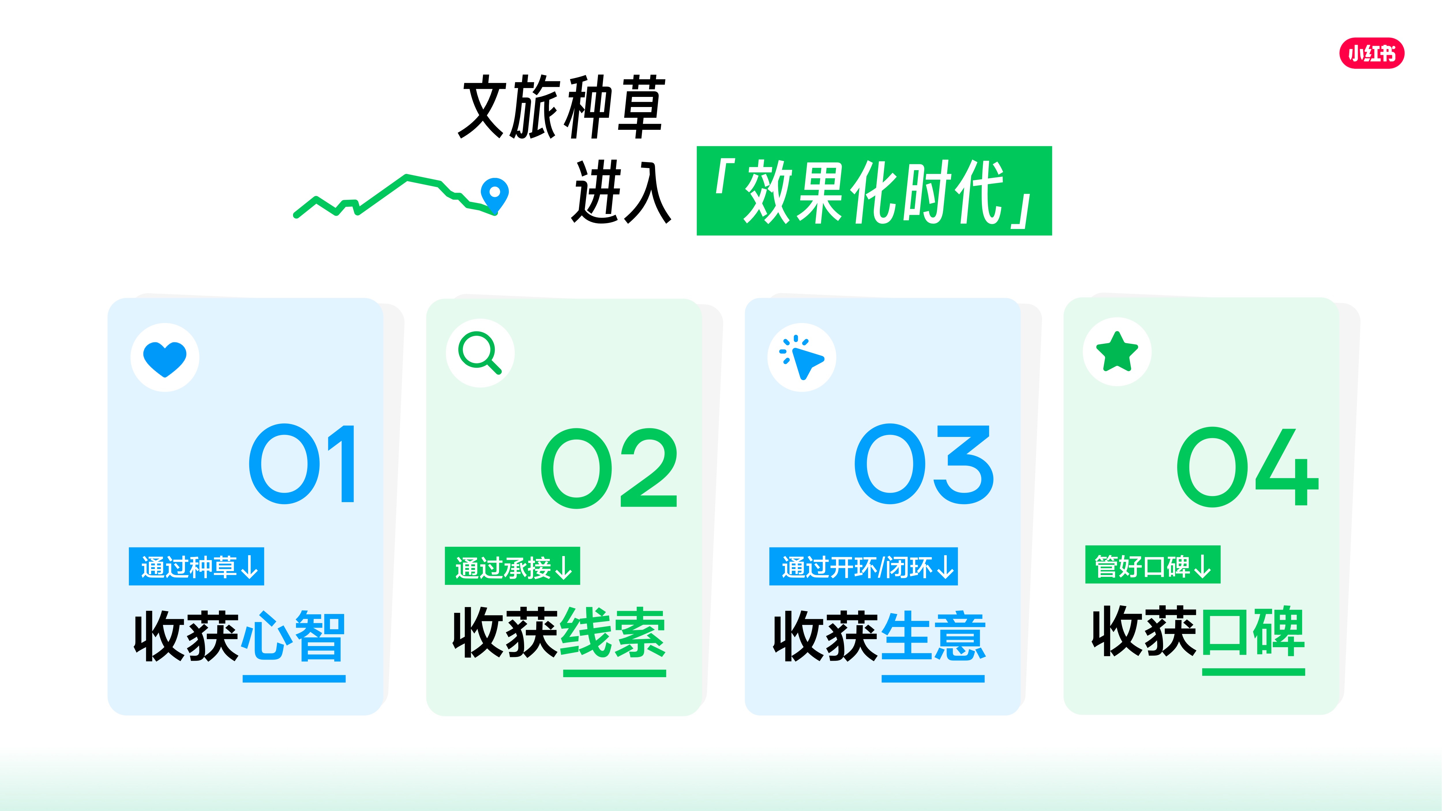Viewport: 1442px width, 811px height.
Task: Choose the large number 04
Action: (1247, 467)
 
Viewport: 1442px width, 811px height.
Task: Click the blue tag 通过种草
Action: (196, 566)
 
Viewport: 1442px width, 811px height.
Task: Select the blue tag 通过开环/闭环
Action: (863, 566)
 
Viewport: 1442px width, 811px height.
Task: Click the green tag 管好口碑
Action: (1153, 565)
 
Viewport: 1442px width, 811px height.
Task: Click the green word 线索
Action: (614, 632)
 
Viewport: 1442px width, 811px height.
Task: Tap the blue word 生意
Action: (933, 637)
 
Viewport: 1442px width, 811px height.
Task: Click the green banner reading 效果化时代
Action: (874, 191)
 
